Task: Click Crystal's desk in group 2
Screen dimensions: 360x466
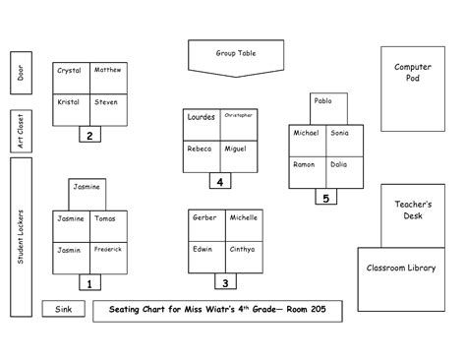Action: (70, 77)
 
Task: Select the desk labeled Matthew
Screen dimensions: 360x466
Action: (107, 77)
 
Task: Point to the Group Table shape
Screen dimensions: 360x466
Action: (235, 56)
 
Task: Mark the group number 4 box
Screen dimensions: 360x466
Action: (220, 181)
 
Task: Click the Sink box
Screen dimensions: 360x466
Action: (64, 310)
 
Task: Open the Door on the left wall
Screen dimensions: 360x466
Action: (20, 73)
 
